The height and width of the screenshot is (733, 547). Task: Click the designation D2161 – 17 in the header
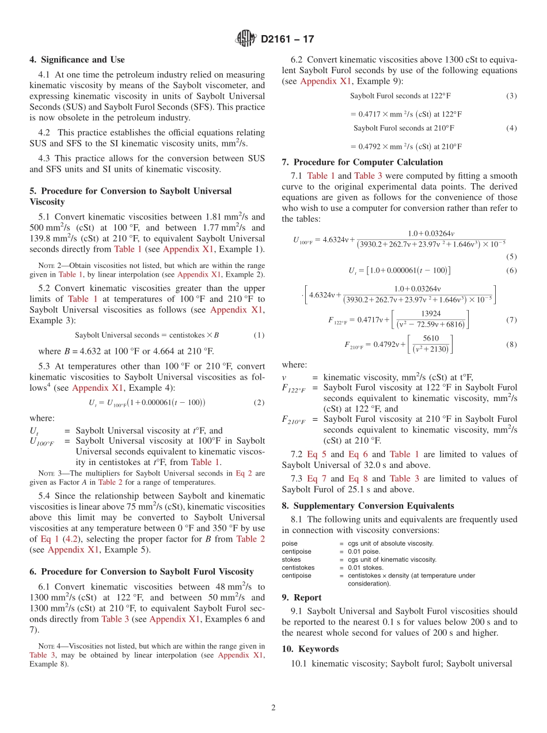click(x=287, y=39)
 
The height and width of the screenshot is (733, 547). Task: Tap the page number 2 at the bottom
click(x=273, y=708)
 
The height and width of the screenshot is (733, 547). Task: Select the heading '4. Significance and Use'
click(x=77, y=60)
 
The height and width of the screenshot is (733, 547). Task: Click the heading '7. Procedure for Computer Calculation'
click(x=362, y=163)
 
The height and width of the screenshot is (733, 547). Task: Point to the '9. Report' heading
click(x=302, y=598)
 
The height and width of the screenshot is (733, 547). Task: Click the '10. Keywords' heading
click(x=310, y=649)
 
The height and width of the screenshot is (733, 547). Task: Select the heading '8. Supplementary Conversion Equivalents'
click(x=368, y=506)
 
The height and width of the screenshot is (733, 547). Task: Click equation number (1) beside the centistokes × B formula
click(x=259, y=335)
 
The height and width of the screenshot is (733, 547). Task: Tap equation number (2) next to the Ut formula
click(x=259, y=403)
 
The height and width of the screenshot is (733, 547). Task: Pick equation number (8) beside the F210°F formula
click(x=511, y=345)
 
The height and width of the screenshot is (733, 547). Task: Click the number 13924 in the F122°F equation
click(x=431, y=313)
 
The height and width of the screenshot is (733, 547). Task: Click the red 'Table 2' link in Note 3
click(x=109, y=482)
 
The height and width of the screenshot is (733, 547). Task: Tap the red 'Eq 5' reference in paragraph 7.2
click(x=316, y=455)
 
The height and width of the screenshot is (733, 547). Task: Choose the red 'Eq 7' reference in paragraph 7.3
click(x=316, y=479)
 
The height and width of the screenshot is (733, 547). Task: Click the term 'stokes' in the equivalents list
click(x=291, y=560)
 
